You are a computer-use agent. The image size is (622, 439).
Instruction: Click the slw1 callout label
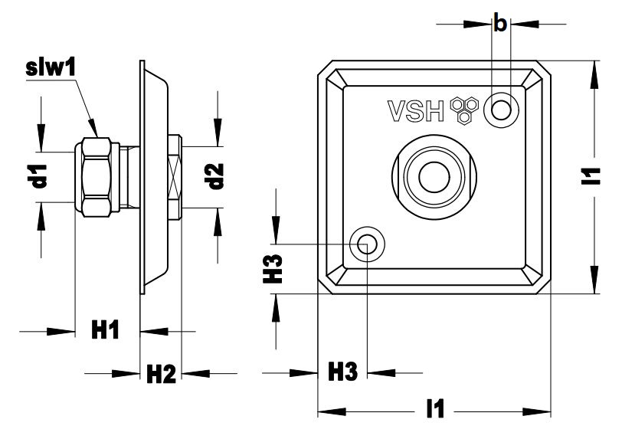coord(51,68)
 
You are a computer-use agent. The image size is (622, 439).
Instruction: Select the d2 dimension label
coord(214,176)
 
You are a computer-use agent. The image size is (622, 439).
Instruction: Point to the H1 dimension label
coord(105,330)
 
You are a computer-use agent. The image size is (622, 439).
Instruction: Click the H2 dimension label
coord(161,374)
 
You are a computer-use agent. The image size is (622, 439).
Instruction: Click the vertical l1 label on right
coord(591,176)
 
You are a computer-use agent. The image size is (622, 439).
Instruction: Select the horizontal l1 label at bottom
coord(435,409)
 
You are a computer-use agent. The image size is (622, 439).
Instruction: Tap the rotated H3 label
coord(273,269)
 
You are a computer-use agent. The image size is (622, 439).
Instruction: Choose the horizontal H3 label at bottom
coord(342,372)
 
